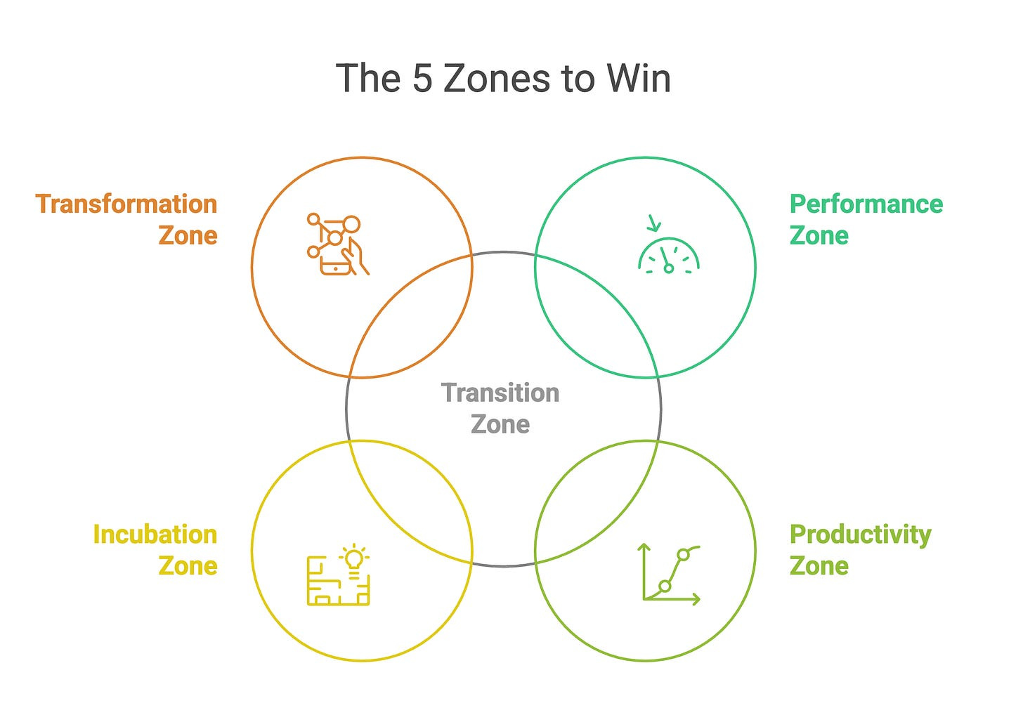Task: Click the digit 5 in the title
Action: [422, 78]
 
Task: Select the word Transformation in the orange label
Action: [126, 204]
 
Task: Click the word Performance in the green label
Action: [866, 204]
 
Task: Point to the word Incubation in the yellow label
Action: [155, 535]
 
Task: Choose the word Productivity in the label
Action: [861, 535]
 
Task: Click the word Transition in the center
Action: [500, 393]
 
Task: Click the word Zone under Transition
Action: [500, 424]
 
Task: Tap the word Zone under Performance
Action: [819, 235]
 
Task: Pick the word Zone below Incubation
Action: [188, 565]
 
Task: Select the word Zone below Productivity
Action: [819, 565]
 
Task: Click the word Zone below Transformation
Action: [188, 235]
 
